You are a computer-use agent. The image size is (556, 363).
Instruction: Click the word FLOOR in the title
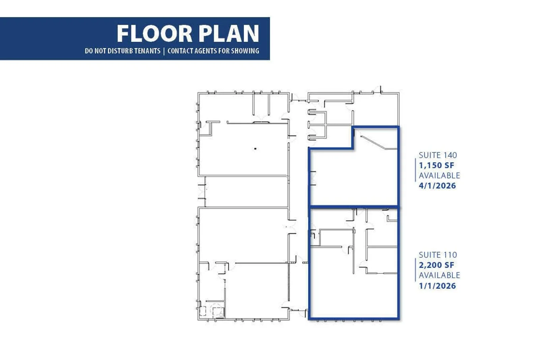[x=154, y=34]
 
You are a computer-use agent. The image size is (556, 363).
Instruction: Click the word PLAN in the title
[x=229, y=34]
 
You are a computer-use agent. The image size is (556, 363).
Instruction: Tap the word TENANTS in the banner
[x=147, y=51]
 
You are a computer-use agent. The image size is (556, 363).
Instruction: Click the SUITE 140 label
[x=438, y=155]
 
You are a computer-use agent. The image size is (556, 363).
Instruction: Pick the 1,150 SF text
[x=436, y=165]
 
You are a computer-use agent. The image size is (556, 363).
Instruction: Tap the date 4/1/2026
[x=437, y=186]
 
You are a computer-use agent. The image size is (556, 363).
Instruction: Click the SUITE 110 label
[x=438, y=255]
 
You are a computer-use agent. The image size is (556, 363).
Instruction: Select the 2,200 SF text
[x=436, y=265]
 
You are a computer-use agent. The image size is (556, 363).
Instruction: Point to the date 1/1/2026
[x=437, y=286]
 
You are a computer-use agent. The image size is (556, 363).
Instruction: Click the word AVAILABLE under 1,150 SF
[x=439, y=175]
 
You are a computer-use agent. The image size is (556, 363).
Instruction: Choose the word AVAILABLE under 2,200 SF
[x=439, y=275]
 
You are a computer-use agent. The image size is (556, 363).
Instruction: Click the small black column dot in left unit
[x=255, y=149]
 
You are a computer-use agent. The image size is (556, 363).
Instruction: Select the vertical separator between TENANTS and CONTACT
[x=164, y=51]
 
